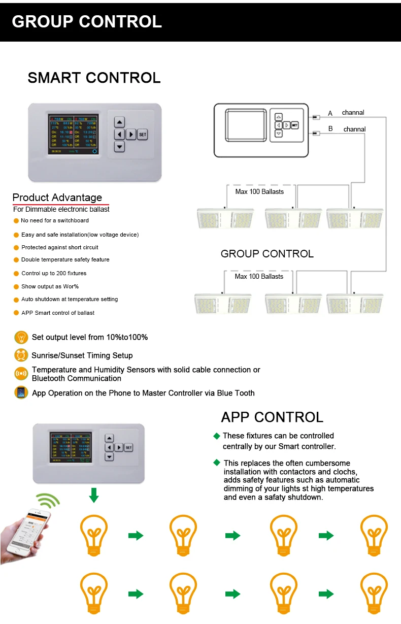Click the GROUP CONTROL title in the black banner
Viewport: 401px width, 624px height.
click(x=87, y=22)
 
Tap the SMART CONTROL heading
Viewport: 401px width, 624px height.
click(x=94, y=78)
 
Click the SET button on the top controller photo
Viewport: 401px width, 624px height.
click(x=143, y=135)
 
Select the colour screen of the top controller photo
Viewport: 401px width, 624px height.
click(x=73, y=134)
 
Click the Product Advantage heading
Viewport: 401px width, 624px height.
click(x=57, y=198)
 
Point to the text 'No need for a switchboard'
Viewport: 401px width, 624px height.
click(x=55, y=220)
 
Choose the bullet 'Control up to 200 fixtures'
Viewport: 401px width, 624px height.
click(x=54, y=273)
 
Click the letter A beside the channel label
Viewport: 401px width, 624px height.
click(x=330, y=113)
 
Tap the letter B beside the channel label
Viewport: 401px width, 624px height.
click(x=330, y=129)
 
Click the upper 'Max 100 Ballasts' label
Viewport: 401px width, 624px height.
click(x=259, y=191)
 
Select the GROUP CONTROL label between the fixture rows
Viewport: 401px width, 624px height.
click(x=267, y=253)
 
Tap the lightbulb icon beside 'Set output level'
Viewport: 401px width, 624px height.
click(x=21, y=337)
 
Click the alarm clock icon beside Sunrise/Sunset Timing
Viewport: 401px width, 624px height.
click(x=21, y=355)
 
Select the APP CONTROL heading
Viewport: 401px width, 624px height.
click(x=272, y=417)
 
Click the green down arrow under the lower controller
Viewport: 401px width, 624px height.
click(x=93, y=495)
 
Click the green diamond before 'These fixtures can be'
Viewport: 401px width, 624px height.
click(x=217, y=436)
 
